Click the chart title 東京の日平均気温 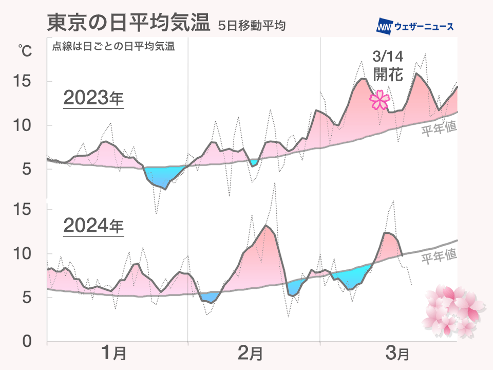click(x=128, y=24)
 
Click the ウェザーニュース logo click(x=415, y=26)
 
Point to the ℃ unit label click(x=25, y=51)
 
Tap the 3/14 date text click(x=384, y=56)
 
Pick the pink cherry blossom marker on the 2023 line click(x=380, y=100)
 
